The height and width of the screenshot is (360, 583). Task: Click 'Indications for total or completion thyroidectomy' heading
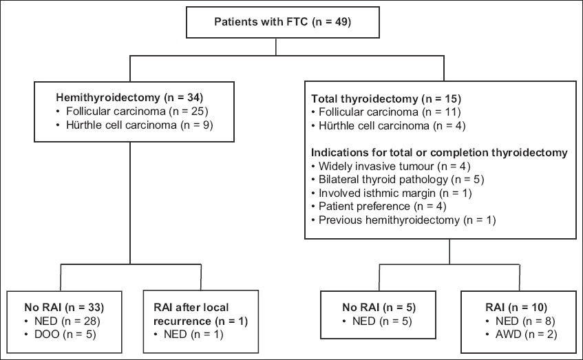coord(439,152)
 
